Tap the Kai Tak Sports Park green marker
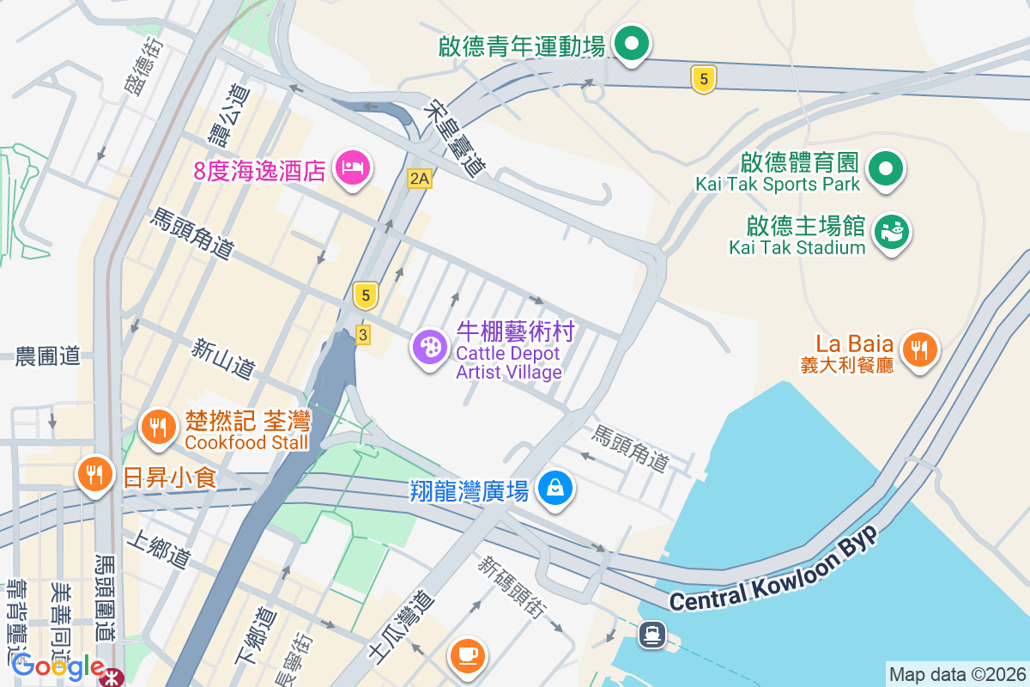click(x=885, y=168)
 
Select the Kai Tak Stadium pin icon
click(x=892, y=232)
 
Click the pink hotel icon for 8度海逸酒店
click(x=353, y=167)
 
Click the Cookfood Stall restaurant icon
click(x=157, y=427)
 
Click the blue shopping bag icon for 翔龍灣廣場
click(x=555, y=489)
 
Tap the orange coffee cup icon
click(x=468, y=656)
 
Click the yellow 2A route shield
click(x=419, y=179)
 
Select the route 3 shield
click(x=362, y=335)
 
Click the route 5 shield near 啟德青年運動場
click(x=703, y=80)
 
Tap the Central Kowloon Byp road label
click(x=774, y=571)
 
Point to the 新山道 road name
click(x=223, y=359)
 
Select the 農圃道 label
click(x=47, y=356)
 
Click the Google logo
click(x=58, y=666)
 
